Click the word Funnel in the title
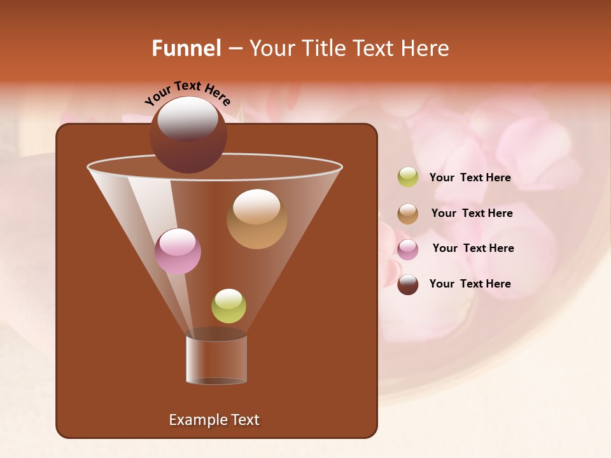pyautogui.click(x=186, y=48)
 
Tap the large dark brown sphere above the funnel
pyautogui.click(x=188, y=135)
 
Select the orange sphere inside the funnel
pyautogui.click(x=256, y=219)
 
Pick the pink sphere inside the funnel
pyautogui.click(x=178, y=251)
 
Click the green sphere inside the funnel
pyautogui.click(x=228, y=306)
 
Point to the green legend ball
pyautogui.click(x=408, y=177)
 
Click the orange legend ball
pyautogui.click(x=408, y=214)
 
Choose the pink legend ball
pyautogui.click(x=408, y=249)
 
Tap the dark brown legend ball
pyautogui.click(x=408, y=284)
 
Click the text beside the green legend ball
pyautogui.click(x=470, y=177)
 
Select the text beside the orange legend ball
pyautogui.click(x=472, y=213)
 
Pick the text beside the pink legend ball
pyautogui.click(x=473, y=248)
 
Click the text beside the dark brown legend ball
pyautogui.click(x=470, y=284)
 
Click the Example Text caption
pyautogui.click(x=214, y=420)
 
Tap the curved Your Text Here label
pyautogui.click(x=188, y=93)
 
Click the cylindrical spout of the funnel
pyautogui.click(x=216, y=359)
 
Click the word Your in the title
pyautogui.click(x=271, y=48)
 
